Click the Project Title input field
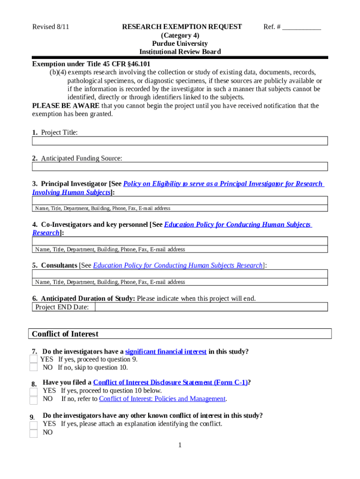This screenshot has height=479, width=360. (180, 141)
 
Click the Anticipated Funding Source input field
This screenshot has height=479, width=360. (180, 167)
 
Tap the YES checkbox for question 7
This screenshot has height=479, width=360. (33, 359)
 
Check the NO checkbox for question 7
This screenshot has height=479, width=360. (33, 368)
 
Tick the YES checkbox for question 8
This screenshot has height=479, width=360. (33, 392)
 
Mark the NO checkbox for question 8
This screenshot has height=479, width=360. (33, 400)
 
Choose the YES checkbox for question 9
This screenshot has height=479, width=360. (33, 425)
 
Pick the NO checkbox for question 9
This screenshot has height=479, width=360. (33, 433)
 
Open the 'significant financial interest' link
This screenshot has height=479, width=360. (166, 352)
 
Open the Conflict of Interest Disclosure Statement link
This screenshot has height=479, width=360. (170, 383)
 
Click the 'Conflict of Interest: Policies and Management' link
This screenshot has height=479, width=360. (162, 399)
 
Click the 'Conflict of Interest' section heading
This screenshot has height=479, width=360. (65, 334)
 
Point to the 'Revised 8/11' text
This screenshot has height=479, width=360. (50, 27)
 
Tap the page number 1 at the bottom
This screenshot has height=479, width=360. (180, 445)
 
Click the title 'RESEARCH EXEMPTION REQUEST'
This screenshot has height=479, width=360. (182, 27)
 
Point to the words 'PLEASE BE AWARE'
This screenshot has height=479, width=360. (65, 106)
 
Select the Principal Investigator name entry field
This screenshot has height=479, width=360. (180, 201)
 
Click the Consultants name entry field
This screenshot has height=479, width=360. (180, 274)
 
